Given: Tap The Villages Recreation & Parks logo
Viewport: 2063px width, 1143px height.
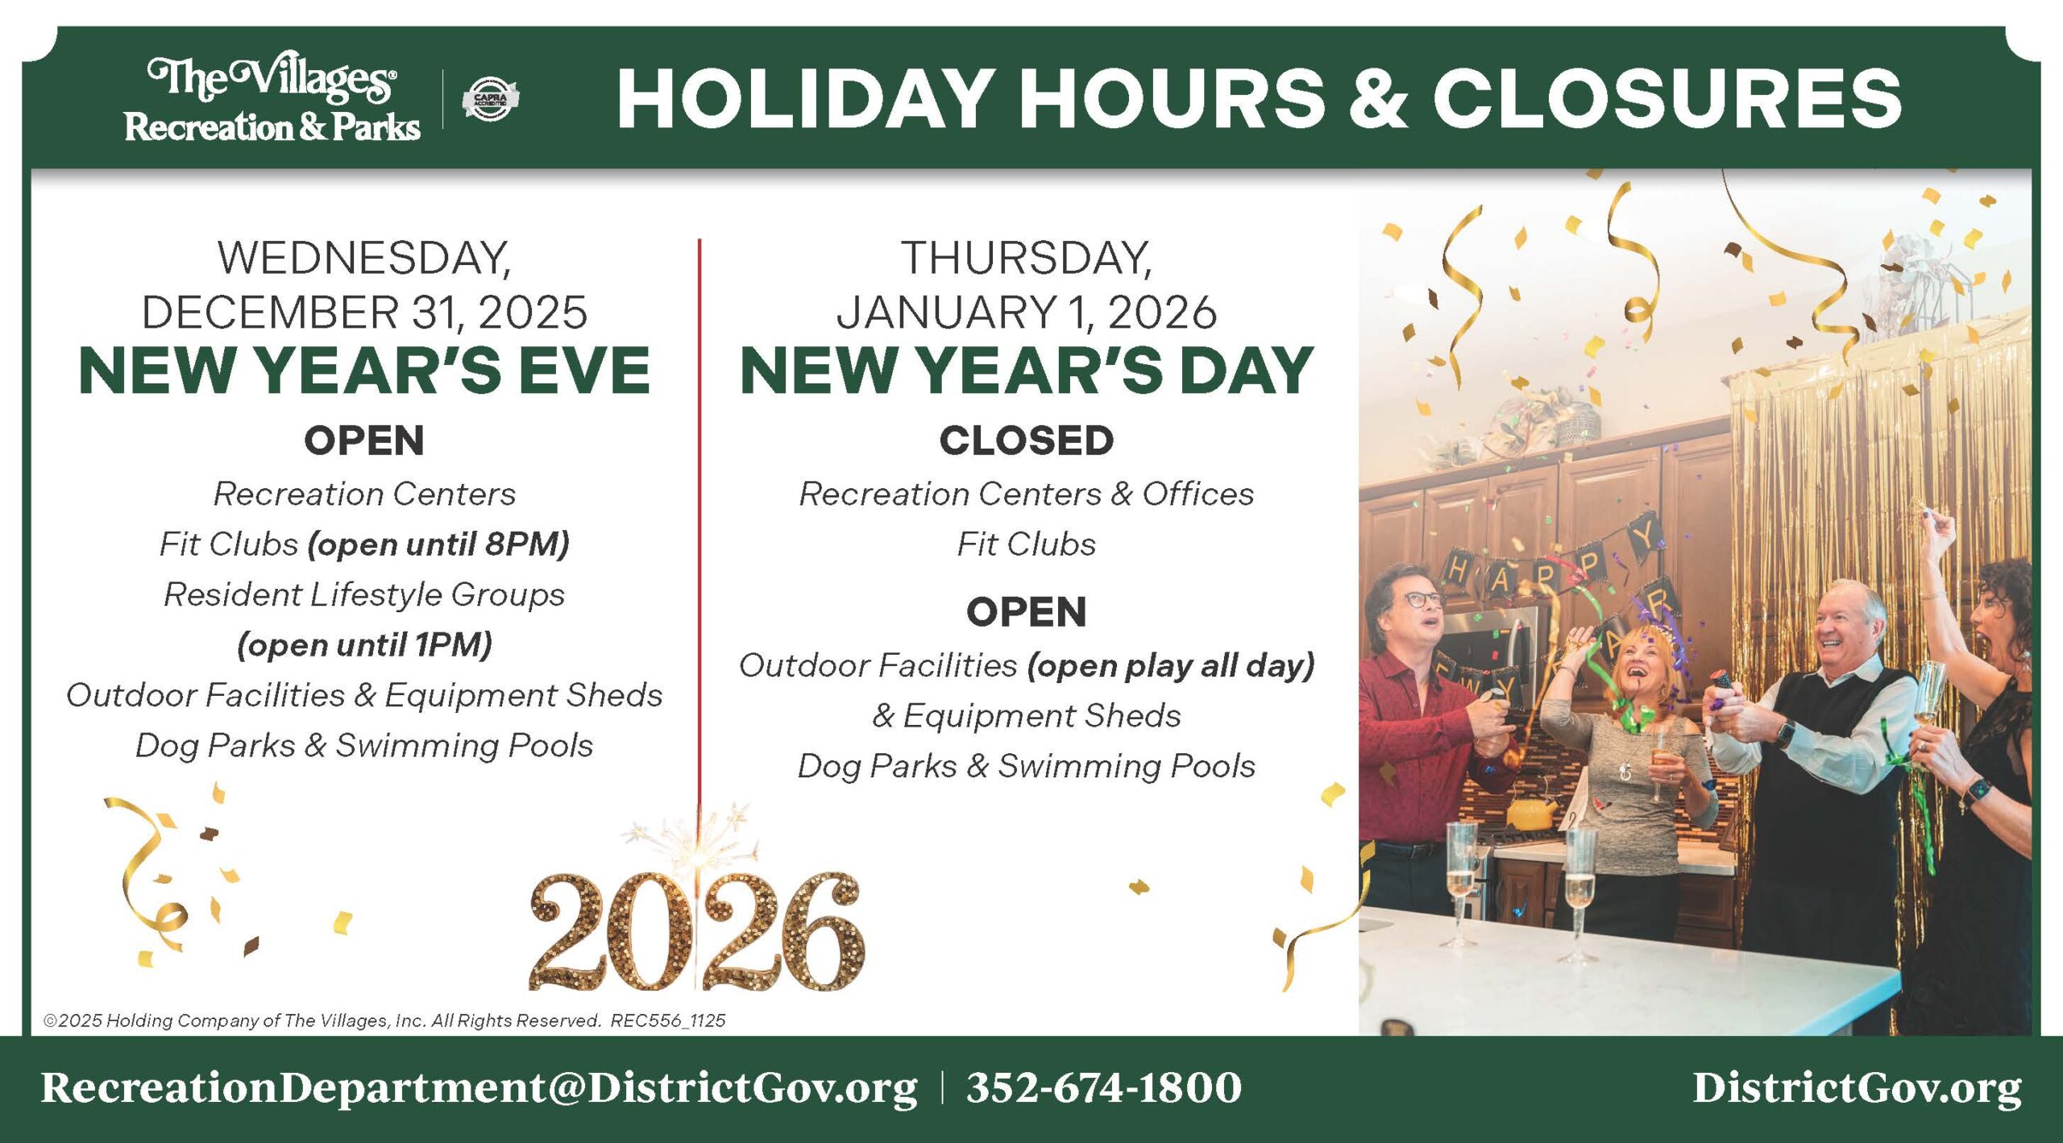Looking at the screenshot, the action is coord(272,100).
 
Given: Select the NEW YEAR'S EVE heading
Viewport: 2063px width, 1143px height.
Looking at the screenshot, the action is coord(364,371).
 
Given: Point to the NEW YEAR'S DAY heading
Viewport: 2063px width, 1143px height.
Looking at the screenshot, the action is coord(1027,371).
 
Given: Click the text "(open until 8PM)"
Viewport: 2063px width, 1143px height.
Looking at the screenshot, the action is coord(438,545).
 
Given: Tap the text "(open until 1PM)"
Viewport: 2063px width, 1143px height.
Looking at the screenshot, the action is coord(364,645).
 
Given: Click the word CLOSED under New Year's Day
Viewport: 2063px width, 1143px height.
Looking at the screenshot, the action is coord(1027,441).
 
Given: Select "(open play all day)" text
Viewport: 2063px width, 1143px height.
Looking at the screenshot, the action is coord(1171,666).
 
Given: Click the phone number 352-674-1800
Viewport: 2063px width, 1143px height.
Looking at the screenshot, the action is coord(1104,1087).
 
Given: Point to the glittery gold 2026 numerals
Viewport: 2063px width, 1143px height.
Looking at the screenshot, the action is coord(697,931).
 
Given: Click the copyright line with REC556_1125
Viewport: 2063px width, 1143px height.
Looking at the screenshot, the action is coord(384,1021).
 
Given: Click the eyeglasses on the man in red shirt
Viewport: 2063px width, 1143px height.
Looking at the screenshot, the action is coord(1423,599).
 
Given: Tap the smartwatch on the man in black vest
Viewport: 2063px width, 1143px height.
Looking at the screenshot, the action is coord(1786,734).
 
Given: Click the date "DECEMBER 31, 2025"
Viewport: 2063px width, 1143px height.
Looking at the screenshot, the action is coord(364,313).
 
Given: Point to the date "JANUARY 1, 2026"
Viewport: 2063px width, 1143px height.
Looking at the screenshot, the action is coord(1027,313).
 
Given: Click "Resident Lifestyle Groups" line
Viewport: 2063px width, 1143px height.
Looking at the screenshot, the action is coord(364,594).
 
